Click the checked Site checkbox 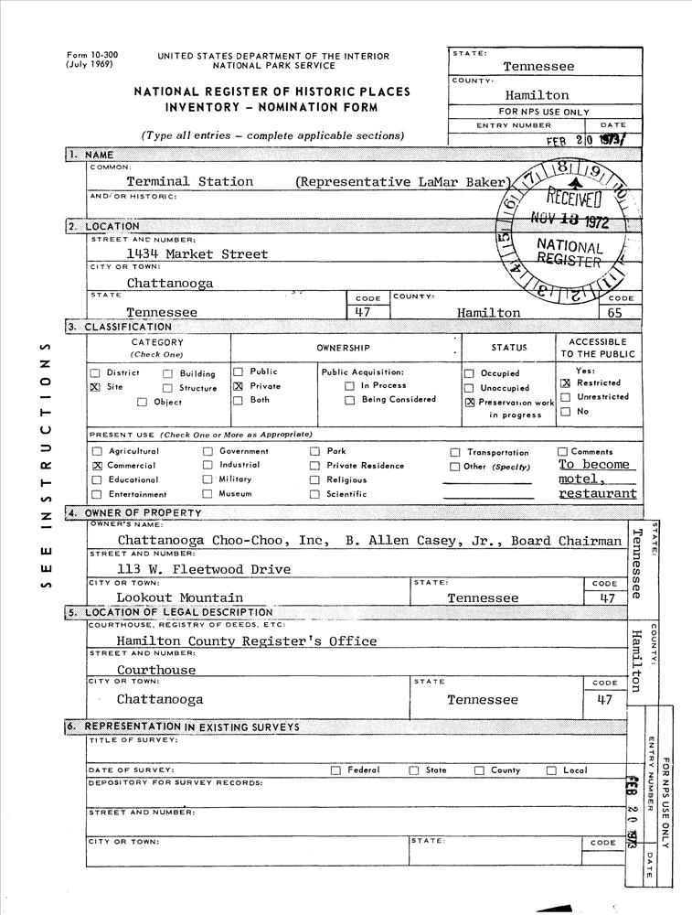click(x=96, y=388)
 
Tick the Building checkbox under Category click(x=168, y=373)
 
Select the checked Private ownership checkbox click(x=239, y=386)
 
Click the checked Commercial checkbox click(x=97, y=466)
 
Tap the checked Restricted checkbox click(x=565, y=383)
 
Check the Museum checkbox click(x=208, y=494)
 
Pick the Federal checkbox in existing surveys click(x=335, y=770)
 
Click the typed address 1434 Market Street click(x=197, y=254)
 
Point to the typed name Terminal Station click(x=189, y=182)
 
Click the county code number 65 click(x=620, y=313)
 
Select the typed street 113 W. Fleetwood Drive click(x=203, y=569)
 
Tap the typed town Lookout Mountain click(x=179, y=597)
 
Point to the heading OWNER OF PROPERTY click(x=143, y=513)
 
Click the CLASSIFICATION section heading click(x=127, y=327)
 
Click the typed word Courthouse click(x=155, y=670)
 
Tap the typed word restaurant click(x=598, y=494)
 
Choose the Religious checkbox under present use click(x=314, y=480)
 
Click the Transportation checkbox click(x=455, y=453)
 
